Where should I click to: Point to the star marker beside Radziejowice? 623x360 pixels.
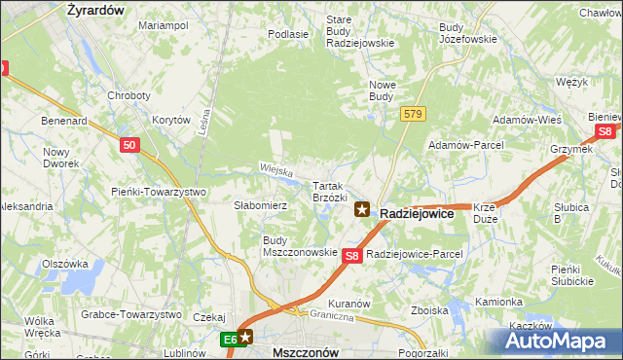[x=362, y=208]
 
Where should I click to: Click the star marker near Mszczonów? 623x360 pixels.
[x=245, y=338]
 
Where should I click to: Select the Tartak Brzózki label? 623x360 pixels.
[x=330, y=191]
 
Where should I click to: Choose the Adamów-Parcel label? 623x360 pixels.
[x=464, y=145]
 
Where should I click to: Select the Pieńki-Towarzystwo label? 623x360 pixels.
[x=159, y=192]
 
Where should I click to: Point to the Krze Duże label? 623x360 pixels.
[x=486, y=213]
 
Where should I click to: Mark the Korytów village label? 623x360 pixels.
[x=171, y=120]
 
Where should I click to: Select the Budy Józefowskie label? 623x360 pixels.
[x=467, y=33]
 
